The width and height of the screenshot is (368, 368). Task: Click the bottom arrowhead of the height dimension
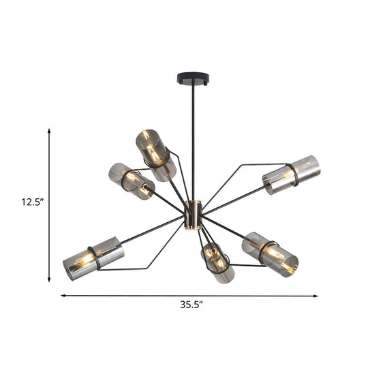50,279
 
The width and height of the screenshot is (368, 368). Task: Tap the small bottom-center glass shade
217,262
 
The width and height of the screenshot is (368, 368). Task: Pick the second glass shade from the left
131,180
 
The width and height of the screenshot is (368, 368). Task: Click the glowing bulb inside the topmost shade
153,155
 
